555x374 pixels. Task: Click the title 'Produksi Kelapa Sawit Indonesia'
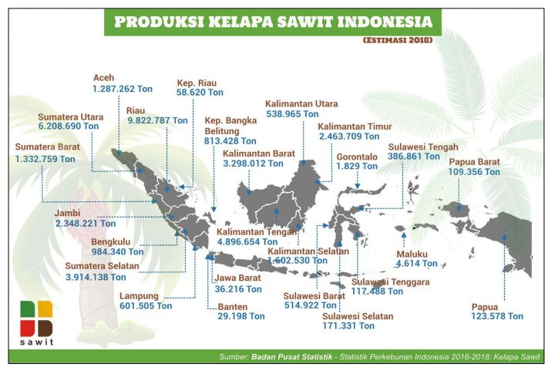tap(273, 22)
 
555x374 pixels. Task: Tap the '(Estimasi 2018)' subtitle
tap(397, 39)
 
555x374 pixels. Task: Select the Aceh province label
tap(103, 78)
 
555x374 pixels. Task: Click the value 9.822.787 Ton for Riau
tap(157, 120)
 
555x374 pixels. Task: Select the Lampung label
tap(140, 295)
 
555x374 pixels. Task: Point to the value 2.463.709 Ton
tap(349, 136)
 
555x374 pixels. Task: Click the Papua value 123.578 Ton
tap(497, 316)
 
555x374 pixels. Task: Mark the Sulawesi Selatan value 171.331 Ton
tap(358, 327)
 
